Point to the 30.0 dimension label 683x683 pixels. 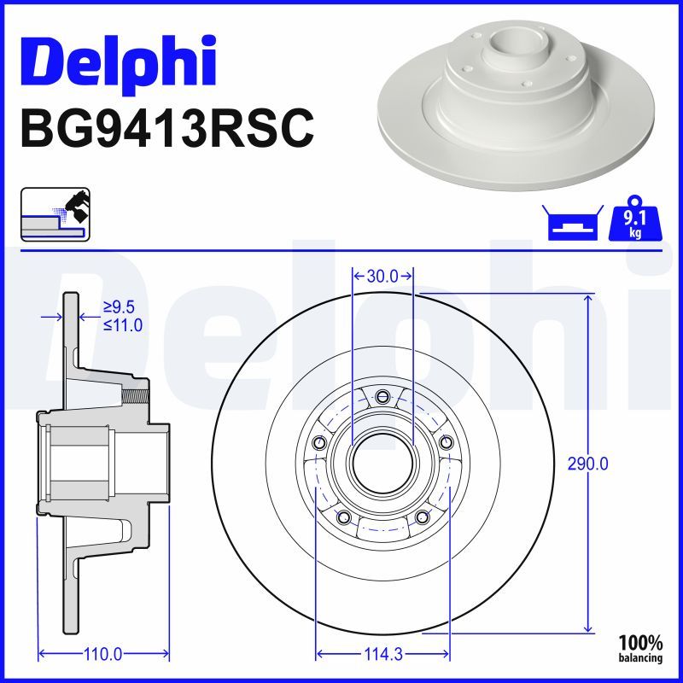coord(382,276)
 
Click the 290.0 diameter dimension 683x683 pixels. coord(588,464)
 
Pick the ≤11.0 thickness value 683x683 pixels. coord(122,324)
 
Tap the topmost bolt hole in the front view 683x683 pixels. coord(382,395)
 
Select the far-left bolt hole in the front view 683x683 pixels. coord(319,441)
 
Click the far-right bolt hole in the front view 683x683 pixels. coord(446,441)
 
